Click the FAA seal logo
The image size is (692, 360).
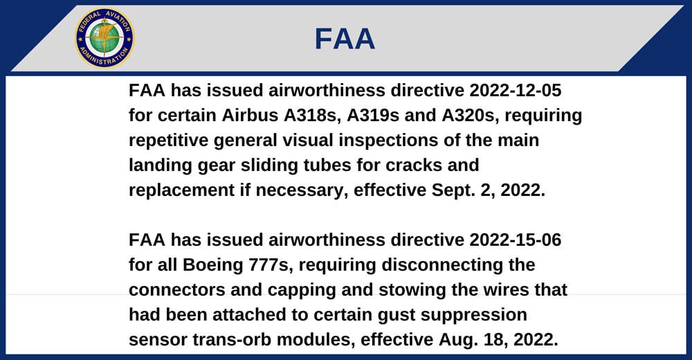click(x=104, y=39)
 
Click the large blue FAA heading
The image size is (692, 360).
click(x=345, y=39)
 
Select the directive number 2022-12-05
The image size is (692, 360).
click(x=515, y=91)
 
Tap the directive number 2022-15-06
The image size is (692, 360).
click(x=515, y=240)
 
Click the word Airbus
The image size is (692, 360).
click(x=250, y=116)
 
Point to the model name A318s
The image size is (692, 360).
click(x=313, y=116)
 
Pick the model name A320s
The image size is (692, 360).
click(x=471, y=116)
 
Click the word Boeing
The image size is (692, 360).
click(x=212, y=265)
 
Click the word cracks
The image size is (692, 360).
click(x=414, y=165)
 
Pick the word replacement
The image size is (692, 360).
click(x=182, y=190)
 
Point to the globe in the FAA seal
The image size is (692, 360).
click(x=104, y=38)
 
